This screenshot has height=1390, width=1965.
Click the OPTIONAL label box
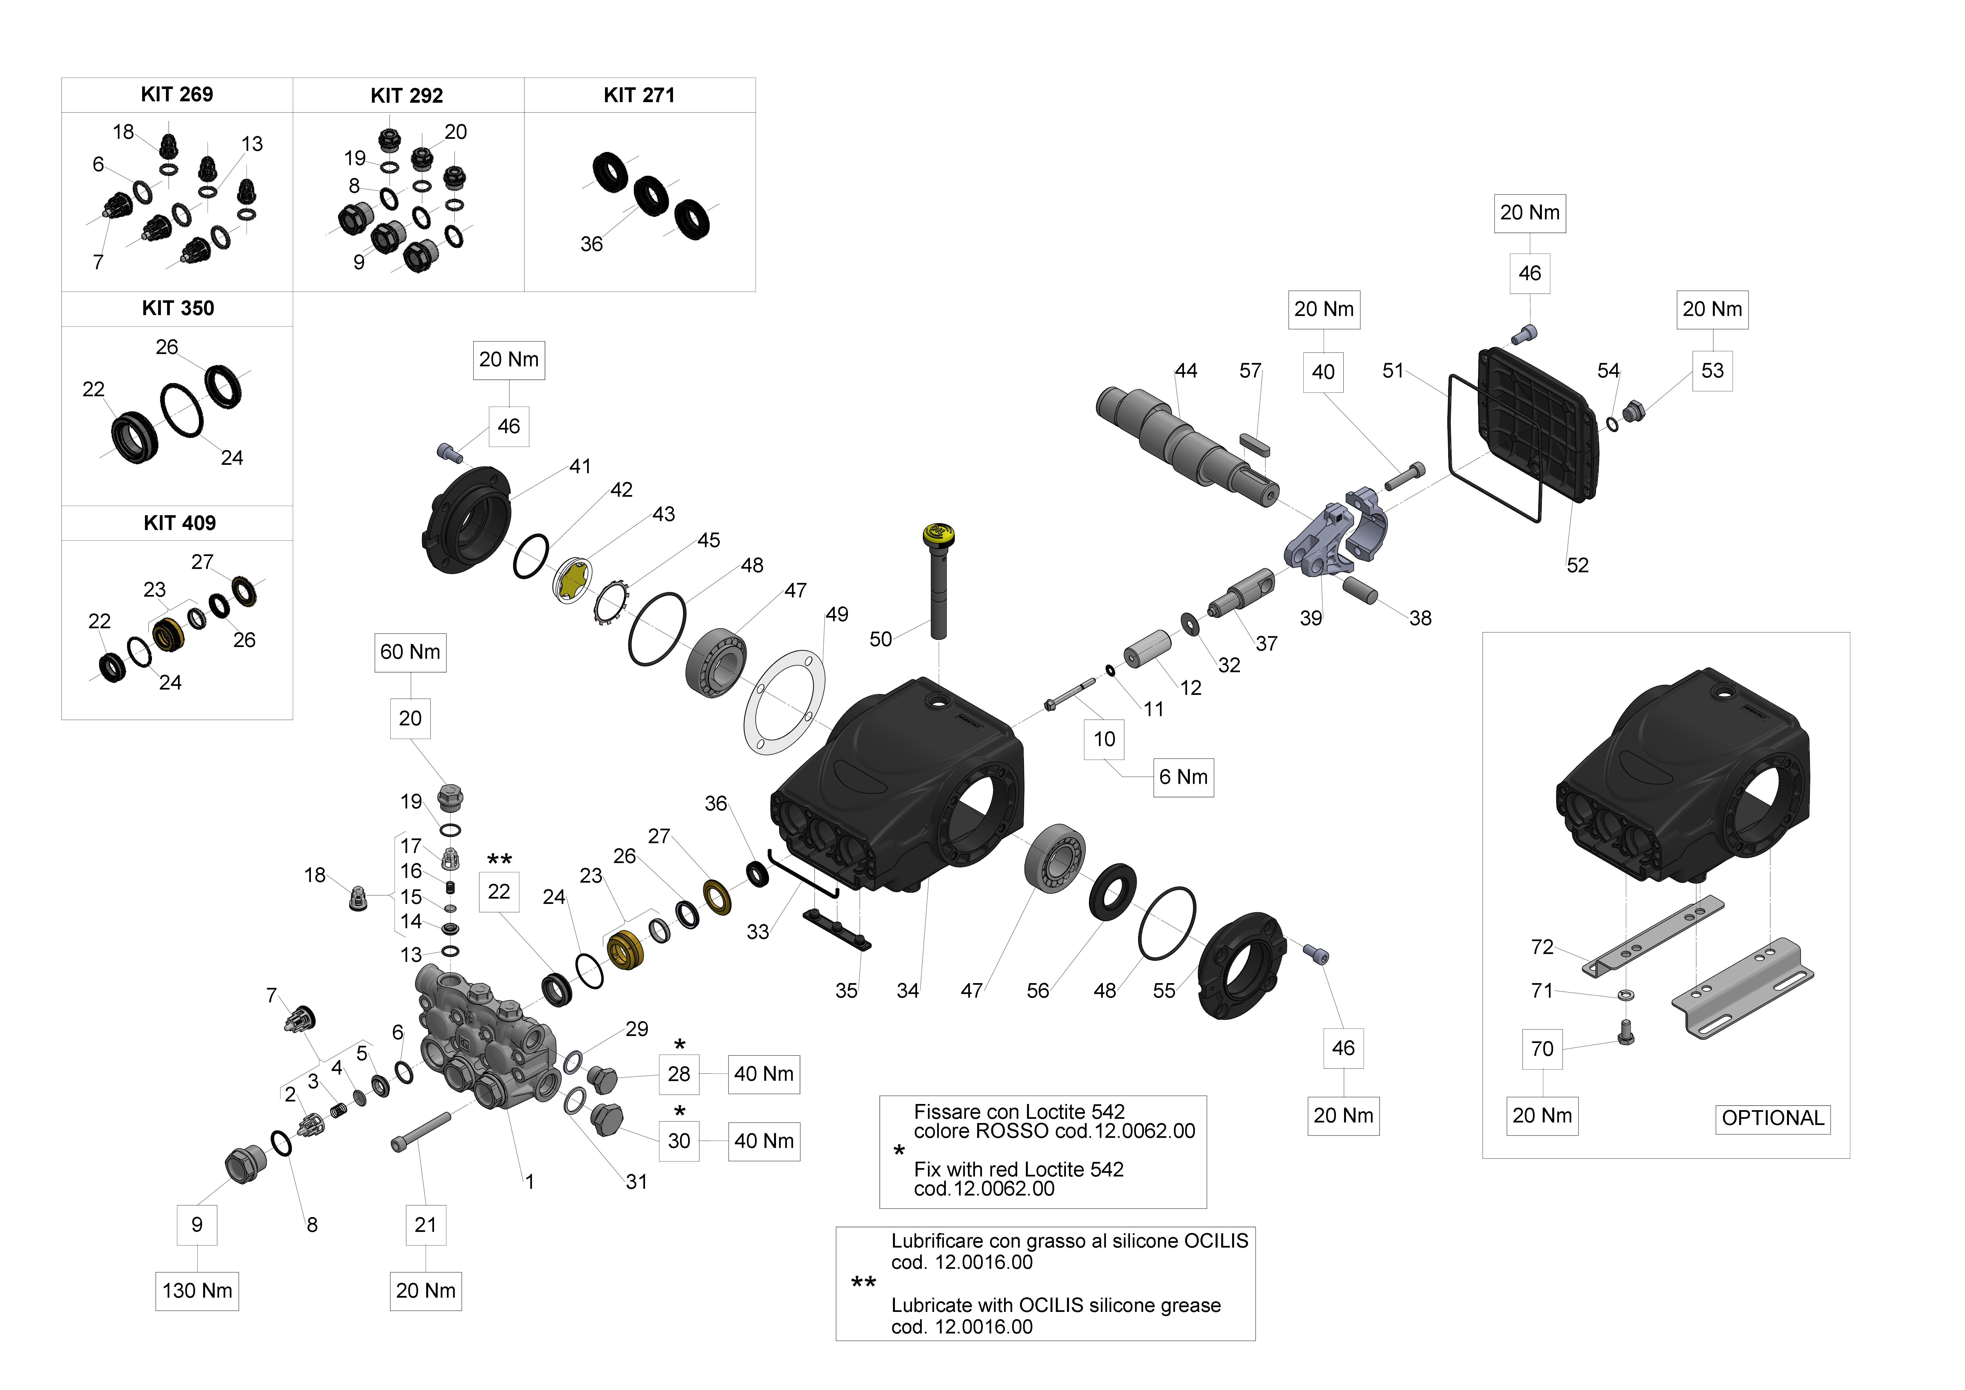[x=1772, y=1119]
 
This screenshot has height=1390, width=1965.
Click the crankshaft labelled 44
[x=1185, y=441]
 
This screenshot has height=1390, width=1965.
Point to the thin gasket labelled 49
[x=785, y=704]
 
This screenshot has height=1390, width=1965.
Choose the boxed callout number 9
[x=197, y=1225]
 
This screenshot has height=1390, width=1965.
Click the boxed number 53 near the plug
[x=1712, y=371]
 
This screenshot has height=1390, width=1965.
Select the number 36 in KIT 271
[x=591, y=245]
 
